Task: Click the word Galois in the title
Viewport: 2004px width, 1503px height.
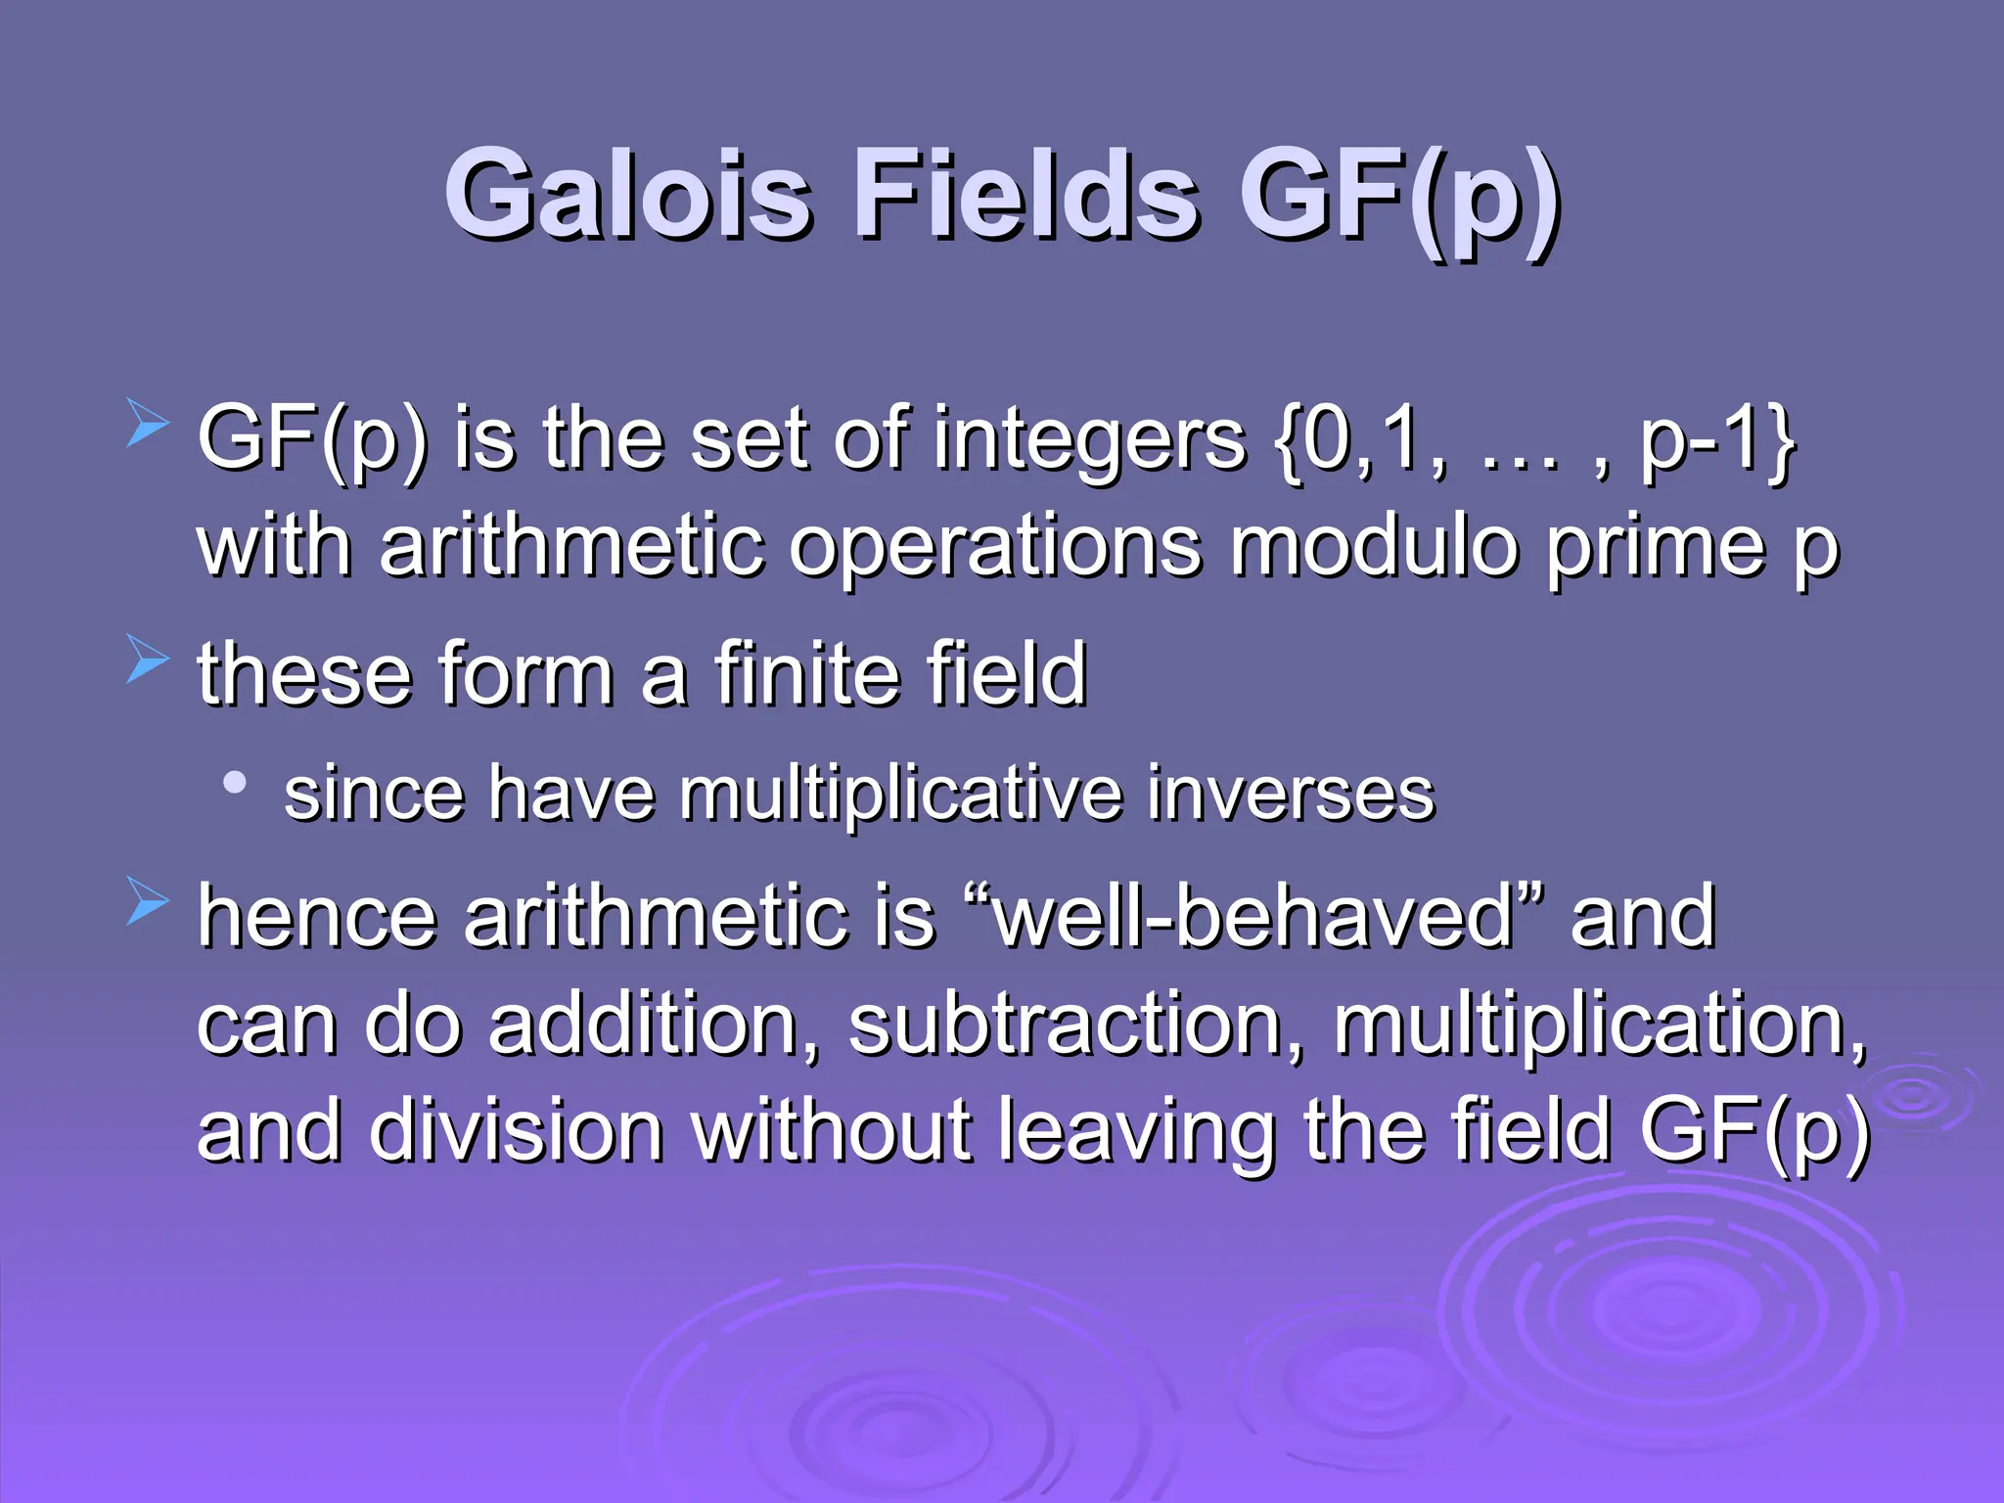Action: click(627, 196)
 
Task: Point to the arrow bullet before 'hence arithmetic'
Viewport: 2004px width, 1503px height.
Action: click(148, 900)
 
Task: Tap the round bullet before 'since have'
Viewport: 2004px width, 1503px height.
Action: click(234, 782)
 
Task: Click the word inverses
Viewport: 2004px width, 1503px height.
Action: click(1291, 794)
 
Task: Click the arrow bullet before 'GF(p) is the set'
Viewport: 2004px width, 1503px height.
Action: click(148, 427)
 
